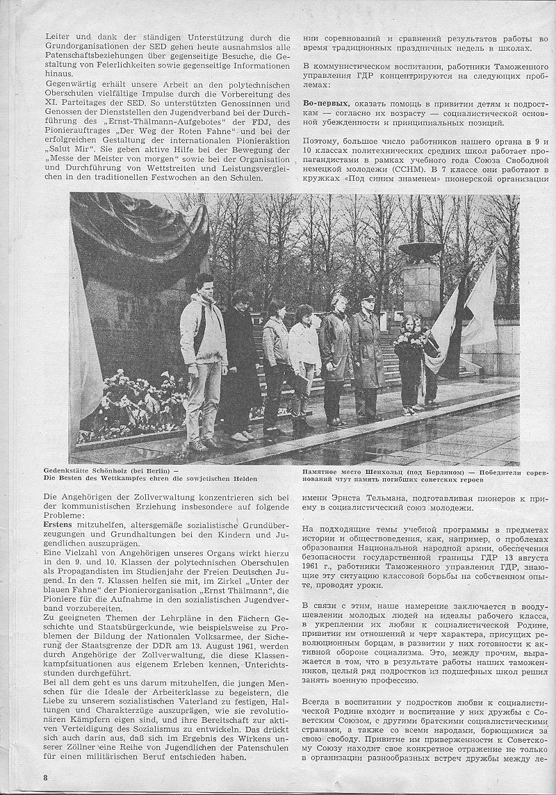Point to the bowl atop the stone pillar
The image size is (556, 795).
420,248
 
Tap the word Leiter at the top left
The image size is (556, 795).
56,38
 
